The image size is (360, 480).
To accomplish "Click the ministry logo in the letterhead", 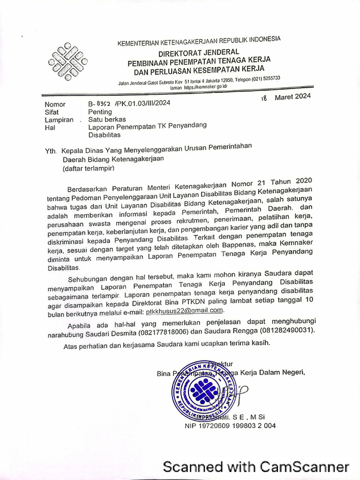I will point(67,61).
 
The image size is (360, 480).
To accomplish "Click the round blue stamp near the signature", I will point(203,390).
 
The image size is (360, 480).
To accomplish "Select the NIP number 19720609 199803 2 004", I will point(230,426).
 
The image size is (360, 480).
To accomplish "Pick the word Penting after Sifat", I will point(100,112).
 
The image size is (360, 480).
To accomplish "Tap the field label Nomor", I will point(55,104).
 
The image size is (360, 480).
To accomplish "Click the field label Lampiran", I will point(59,120).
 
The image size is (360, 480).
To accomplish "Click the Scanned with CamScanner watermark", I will point(256,467).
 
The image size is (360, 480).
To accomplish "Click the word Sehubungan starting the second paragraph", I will point(88,280).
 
